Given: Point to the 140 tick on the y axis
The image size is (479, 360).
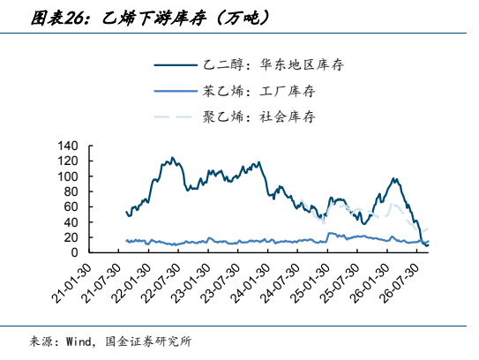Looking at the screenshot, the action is click(x=68, y=146).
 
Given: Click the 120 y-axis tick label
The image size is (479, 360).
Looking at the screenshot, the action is click(x=68, y=161).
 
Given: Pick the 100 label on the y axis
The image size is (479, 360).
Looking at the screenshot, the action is click(x=68, y=176).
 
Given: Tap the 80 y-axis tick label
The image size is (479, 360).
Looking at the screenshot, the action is click(x=71, y=191).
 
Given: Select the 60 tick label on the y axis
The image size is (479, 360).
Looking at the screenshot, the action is click(x=71, y=206).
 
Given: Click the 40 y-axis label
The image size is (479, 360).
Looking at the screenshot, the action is click(x=71, y=222).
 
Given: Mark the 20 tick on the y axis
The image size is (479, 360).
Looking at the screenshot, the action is click(x=71, y=237).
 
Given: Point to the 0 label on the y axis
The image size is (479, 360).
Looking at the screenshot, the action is click(x=74, y=252).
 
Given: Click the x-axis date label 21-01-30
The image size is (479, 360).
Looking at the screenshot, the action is click(x=72, y=282).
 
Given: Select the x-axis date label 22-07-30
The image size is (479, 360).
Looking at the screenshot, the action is click(x=162, y=282).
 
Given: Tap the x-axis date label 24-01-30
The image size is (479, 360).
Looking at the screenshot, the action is click(x=251, y=282).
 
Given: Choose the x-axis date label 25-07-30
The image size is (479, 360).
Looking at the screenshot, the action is click(x=341, y=282).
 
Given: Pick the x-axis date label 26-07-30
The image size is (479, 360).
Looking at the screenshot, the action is click(x=400, y=282).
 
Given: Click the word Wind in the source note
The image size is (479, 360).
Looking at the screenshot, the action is click(x=79, y=341).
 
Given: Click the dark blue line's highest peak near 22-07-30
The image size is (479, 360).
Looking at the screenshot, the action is click(x=172, y=158).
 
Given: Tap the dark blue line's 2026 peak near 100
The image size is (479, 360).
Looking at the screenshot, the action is click(x=393, y=178).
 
